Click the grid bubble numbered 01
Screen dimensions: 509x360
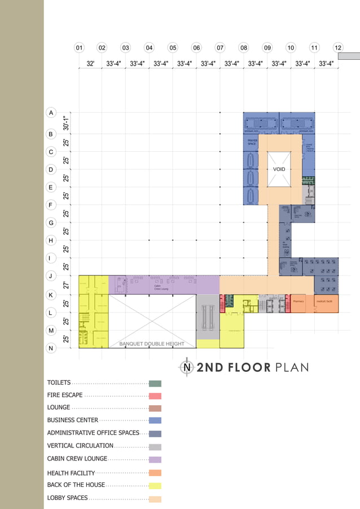[x=80, y=48]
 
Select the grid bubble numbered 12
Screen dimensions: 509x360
[x=338, y=48]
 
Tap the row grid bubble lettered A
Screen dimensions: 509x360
[x=51, y=113]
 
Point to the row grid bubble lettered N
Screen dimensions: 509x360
[x=51, y=348]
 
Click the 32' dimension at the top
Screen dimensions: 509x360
[x=90, y=64]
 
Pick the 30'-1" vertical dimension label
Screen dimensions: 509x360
[x=67, y=123]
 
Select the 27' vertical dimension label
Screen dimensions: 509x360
[x=67, y=286]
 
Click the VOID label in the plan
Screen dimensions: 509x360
[x=279, y=169]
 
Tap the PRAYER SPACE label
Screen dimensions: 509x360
[x=252, y=142]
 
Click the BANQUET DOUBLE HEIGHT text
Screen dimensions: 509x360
[x=152, y=344]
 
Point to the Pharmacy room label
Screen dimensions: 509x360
[x=298, y=302]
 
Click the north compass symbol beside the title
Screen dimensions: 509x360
[x=187, y=367]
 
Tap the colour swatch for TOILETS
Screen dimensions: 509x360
[x=155, y=383]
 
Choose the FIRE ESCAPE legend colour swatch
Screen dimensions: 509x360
[x=155, y=396]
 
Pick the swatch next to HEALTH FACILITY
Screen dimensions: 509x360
[x=155, y=473]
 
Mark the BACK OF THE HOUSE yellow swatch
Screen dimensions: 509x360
[x=155, y=485]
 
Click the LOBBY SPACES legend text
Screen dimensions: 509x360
[x=67, y=498]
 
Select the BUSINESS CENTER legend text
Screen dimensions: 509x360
[x=73, y=420]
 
